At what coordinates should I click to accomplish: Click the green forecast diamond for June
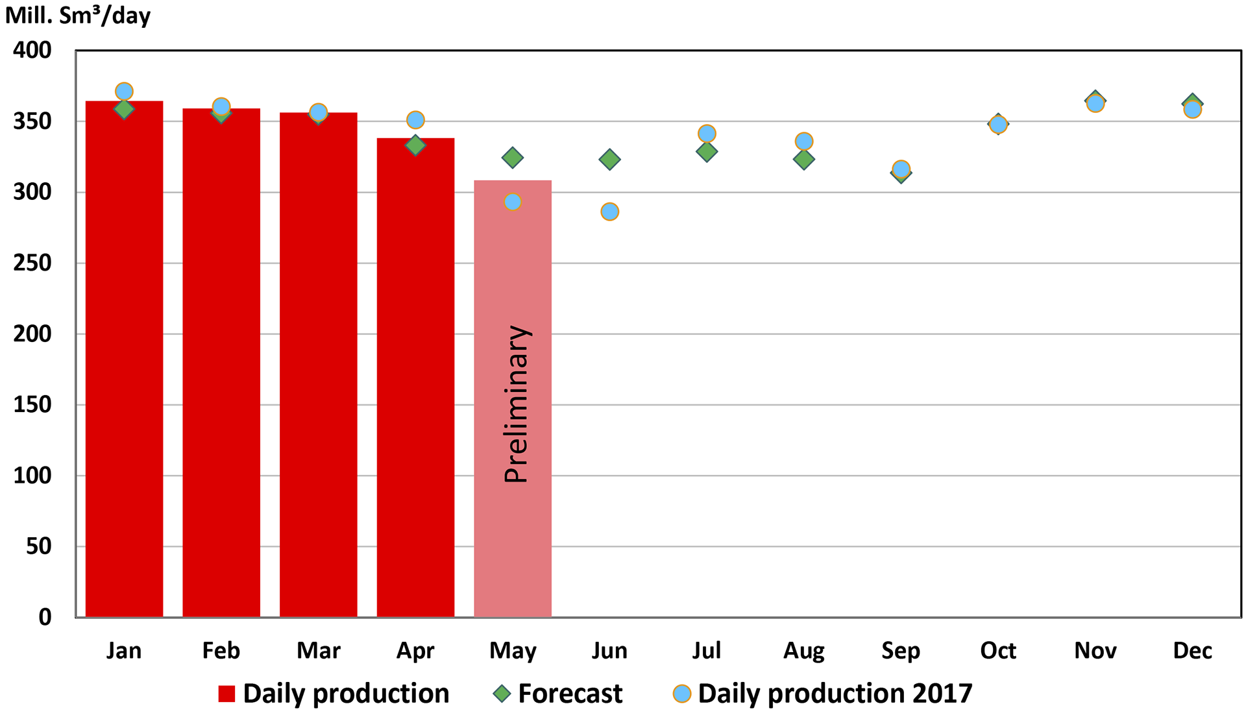[609, 159]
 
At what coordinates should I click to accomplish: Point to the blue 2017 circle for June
[609, 212]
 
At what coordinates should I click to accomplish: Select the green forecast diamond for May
[513, 157]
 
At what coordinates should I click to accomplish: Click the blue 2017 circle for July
[707, 134]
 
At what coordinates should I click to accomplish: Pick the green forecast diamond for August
[804, 160]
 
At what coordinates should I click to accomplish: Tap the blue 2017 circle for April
[415, 120]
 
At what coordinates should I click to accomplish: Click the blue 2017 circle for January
[124, 91]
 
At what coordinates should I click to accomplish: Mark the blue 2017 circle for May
[513, 202]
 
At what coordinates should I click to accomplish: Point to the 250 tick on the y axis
[32, 263]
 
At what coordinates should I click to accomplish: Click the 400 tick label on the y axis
[32, 50]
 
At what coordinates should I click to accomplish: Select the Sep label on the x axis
[901, 650]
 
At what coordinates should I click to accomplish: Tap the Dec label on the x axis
[1192, 650]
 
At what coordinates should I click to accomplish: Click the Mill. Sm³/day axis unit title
[78, 15]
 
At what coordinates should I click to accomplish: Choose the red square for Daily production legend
[226, 694]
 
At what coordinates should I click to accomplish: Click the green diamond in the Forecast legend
[502, 694]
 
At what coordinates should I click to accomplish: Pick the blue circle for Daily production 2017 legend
[682, 694]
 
